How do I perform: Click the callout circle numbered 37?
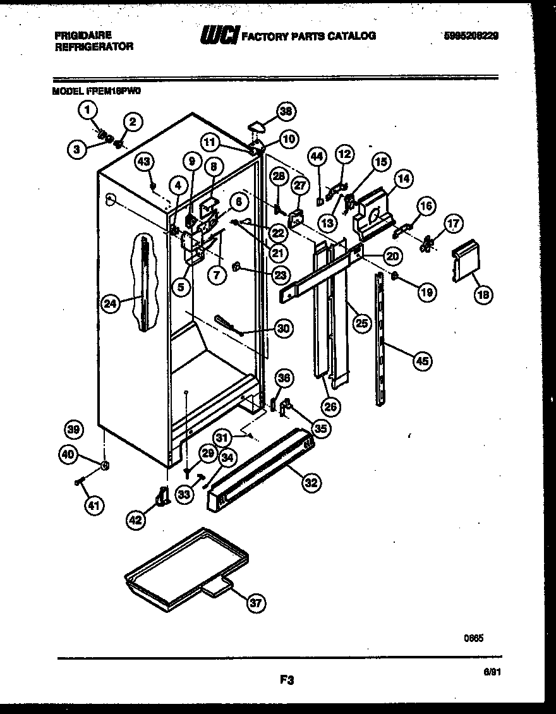click(x=255, y=603)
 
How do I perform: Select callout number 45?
click(x=423, y=361)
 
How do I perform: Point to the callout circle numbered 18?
click(x=484, y=294)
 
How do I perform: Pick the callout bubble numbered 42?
click(x=136, y=519)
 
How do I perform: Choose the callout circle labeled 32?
click(x=310, y=483)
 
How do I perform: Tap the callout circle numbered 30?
click(x=284, y=328)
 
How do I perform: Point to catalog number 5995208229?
click(x=471, y=36)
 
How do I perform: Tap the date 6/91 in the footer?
click(x=492, y=675)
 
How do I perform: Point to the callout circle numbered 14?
click(x=404, y=179)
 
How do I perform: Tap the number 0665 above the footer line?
click(x=474, y=638)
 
